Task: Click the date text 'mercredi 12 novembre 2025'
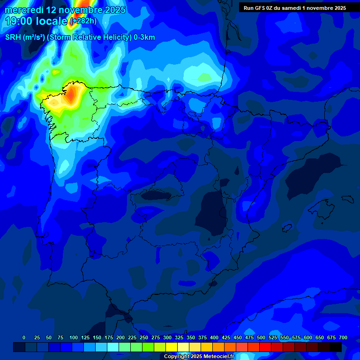pos(65,10)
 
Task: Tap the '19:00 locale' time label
pos(36,21)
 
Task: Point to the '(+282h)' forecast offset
pos(83,21)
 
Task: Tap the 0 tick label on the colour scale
pos(24,337)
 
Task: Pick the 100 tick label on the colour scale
pos(73,337)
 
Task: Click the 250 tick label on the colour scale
pos(144,337)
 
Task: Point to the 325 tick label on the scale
pos(179,337)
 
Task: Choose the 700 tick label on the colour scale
pos(343,337)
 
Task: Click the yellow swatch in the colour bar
pos(172,347)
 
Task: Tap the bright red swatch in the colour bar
pos(265,347)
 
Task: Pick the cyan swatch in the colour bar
pos(113,347)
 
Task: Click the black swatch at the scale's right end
pos(336,347)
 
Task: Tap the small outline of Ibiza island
pos(287,227)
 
